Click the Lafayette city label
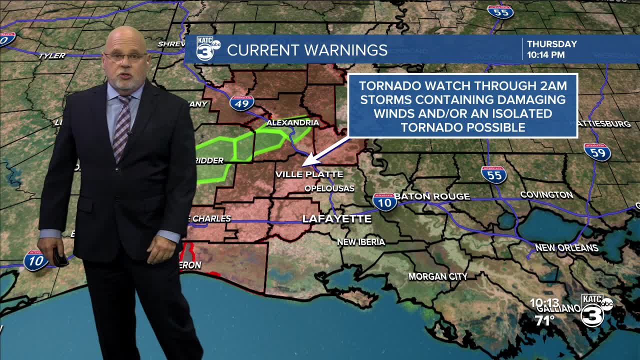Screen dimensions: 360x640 [x=337, y=219]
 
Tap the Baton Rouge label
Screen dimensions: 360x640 [x=432, y=196]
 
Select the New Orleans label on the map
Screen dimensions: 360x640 [x=566, y=247]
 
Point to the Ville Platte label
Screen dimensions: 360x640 [x=309, y=174]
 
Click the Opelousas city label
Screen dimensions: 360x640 [x=329, y=188]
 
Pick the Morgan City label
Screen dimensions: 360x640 [x=438, y=276]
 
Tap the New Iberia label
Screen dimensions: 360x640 [x=361, y=242]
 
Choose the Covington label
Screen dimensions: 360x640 [x=546, y=194]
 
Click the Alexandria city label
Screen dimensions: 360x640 [x=292, y=122]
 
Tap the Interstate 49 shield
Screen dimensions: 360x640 [x=242, y=102]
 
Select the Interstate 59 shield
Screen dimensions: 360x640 [x=597, y=151]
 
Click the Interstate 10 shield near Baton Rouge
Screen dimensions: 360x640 [x=384, y=201]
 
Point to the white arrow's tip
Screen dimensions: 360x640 [x=303, y=165]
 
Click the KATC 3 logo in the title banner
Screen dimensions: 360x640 [x=208, y=48]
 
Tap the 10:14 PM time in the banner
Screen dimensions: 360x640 [x=546, y=55]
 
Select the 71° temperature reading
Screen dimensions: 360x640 [x=545, y=320]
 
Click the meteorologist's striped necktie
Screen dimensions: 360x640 [x=121, y=127]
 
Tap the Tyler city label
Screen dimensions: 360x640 [x=52, y=55]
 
